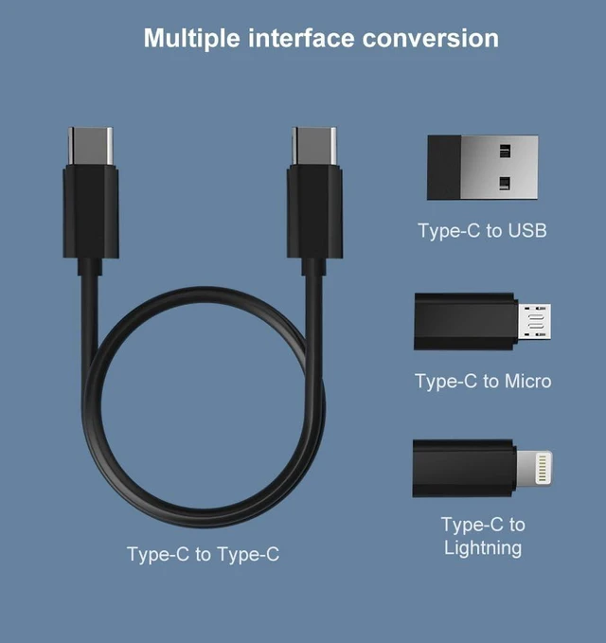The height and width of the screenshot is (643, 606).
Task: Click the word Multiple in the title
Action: pyautogui.click(x=192, y=39)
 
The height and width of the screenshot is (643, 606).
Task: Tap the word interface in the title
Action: pyautogui.click(x=301, y=38)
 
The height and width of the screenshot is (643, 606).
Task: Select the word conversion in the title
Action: pyautogui.click(x=431, y=38)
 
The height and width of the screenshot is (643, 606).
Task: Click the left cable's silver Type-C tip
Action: pyautogui.click(x=90, y=146)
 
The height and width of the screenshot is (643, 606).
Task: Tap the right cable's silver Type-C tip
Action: pyautogui.click(x=314, y=146)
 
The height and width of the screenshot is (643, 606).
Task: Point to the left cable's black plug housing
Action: pyautogui.click(x=91, y=211)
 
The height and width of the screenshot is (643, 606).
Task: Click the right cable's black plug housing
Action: pyautogui.click(x=314, y=211)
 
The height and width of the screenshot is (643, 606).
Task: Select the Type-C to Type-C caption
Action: pyautogui.click(x=203, y=554)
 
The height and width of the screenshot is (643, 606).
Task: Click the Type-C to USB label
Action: pyautogui.click(x=482, y=230)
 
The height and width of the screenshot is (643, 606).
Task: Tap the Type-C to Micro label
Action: pyautogui.click(x=483, y=381)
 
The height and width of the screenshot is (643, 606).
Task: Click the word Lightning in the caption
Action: pyautogui.click(x=483, y=548)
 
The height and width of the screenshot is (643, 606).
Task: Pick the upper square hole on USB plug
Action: pyautogui.click(x=505, y=152)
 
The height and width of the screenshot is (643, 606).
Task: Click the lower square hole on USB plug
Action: pyautogui.click(x=505, y=184)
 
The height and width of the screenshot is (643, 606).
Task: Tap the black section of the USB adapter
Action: pyautogui.click(x=444, y=168)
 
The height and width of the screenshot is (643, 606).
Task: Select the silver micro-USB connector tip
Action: pyautogui.click(x=534, y=322)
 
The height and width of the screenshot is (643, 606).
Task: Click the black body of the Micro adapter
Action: pyautogui.click(x=466, y=322)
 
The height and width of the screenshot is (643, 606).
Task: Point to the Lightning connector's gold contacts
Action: pyautogui.click(x=542, y=467)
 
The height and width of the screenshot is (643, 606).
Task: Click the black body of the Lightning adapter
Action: pyautogui.click(x=464, y=469)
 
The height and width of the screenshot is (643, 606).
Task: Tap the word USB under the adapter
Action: pyautogui.click(x=527, y=230)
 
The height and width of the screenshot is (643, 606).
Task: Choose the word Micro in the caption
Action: pyautogui.click(x=528, y=381)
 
